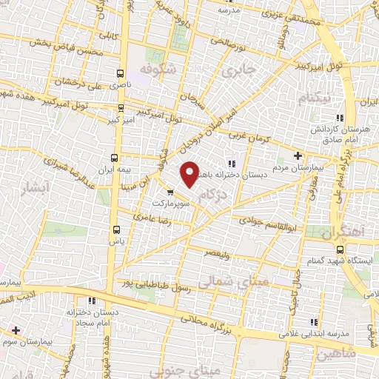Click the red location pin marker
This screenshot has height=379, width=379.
click(x=190, y=173)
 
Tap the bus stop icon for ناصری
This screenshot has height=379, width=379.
click(x=120, y=74)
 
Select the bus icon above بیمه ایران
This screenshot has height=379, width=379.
click(x=114, y=157)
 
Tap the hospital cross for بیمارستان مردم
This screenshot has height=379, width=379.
click(x=298, y=155)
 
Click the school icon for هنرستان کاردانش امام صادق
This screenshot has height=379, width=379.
click(x=340, y=118)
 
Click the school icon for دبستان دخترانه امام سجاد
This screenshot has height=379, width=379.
click(x=93, y=301)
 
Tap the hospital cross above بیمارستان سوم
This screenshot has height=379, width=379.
click(x=16, y=330)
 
